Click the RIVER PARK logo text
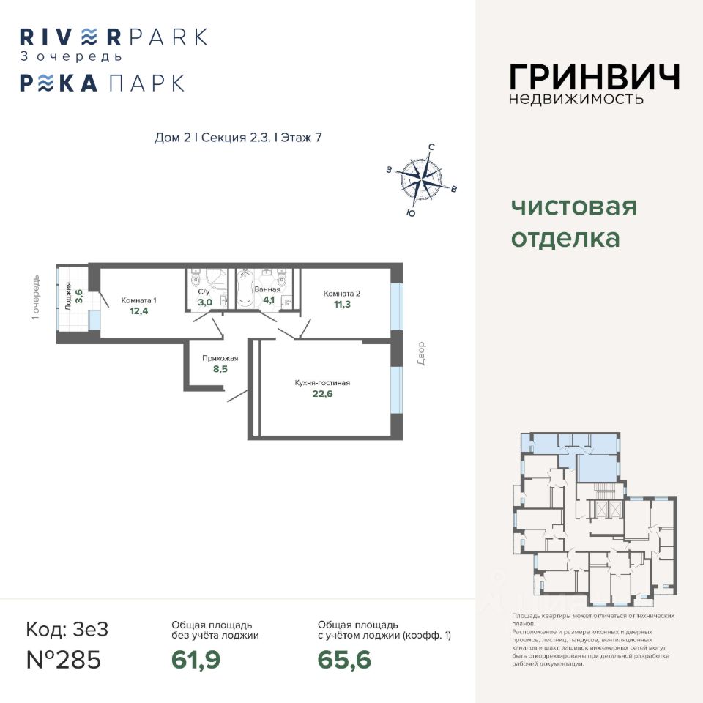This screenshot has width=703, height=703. pos(114,37)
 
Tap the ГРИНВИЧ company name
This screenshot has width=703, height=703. pos(594,78)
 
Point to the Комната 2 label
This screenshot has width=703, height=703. pos(343,293)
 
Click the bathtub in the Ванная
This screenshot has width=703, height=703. pos(244,289)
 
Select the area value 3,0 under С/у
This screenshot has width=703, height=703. pos(205,302)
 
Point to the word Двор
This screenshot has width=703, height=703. pos(422,354)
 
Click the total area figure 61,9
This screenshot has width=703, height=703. pos(196,660)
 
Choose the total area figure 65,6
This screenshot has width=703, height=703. pos(344,660)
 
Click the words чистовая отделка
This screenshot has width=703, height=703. pos(573,223)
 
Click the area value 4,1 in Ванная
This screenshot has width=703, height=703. pos(269,300)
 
